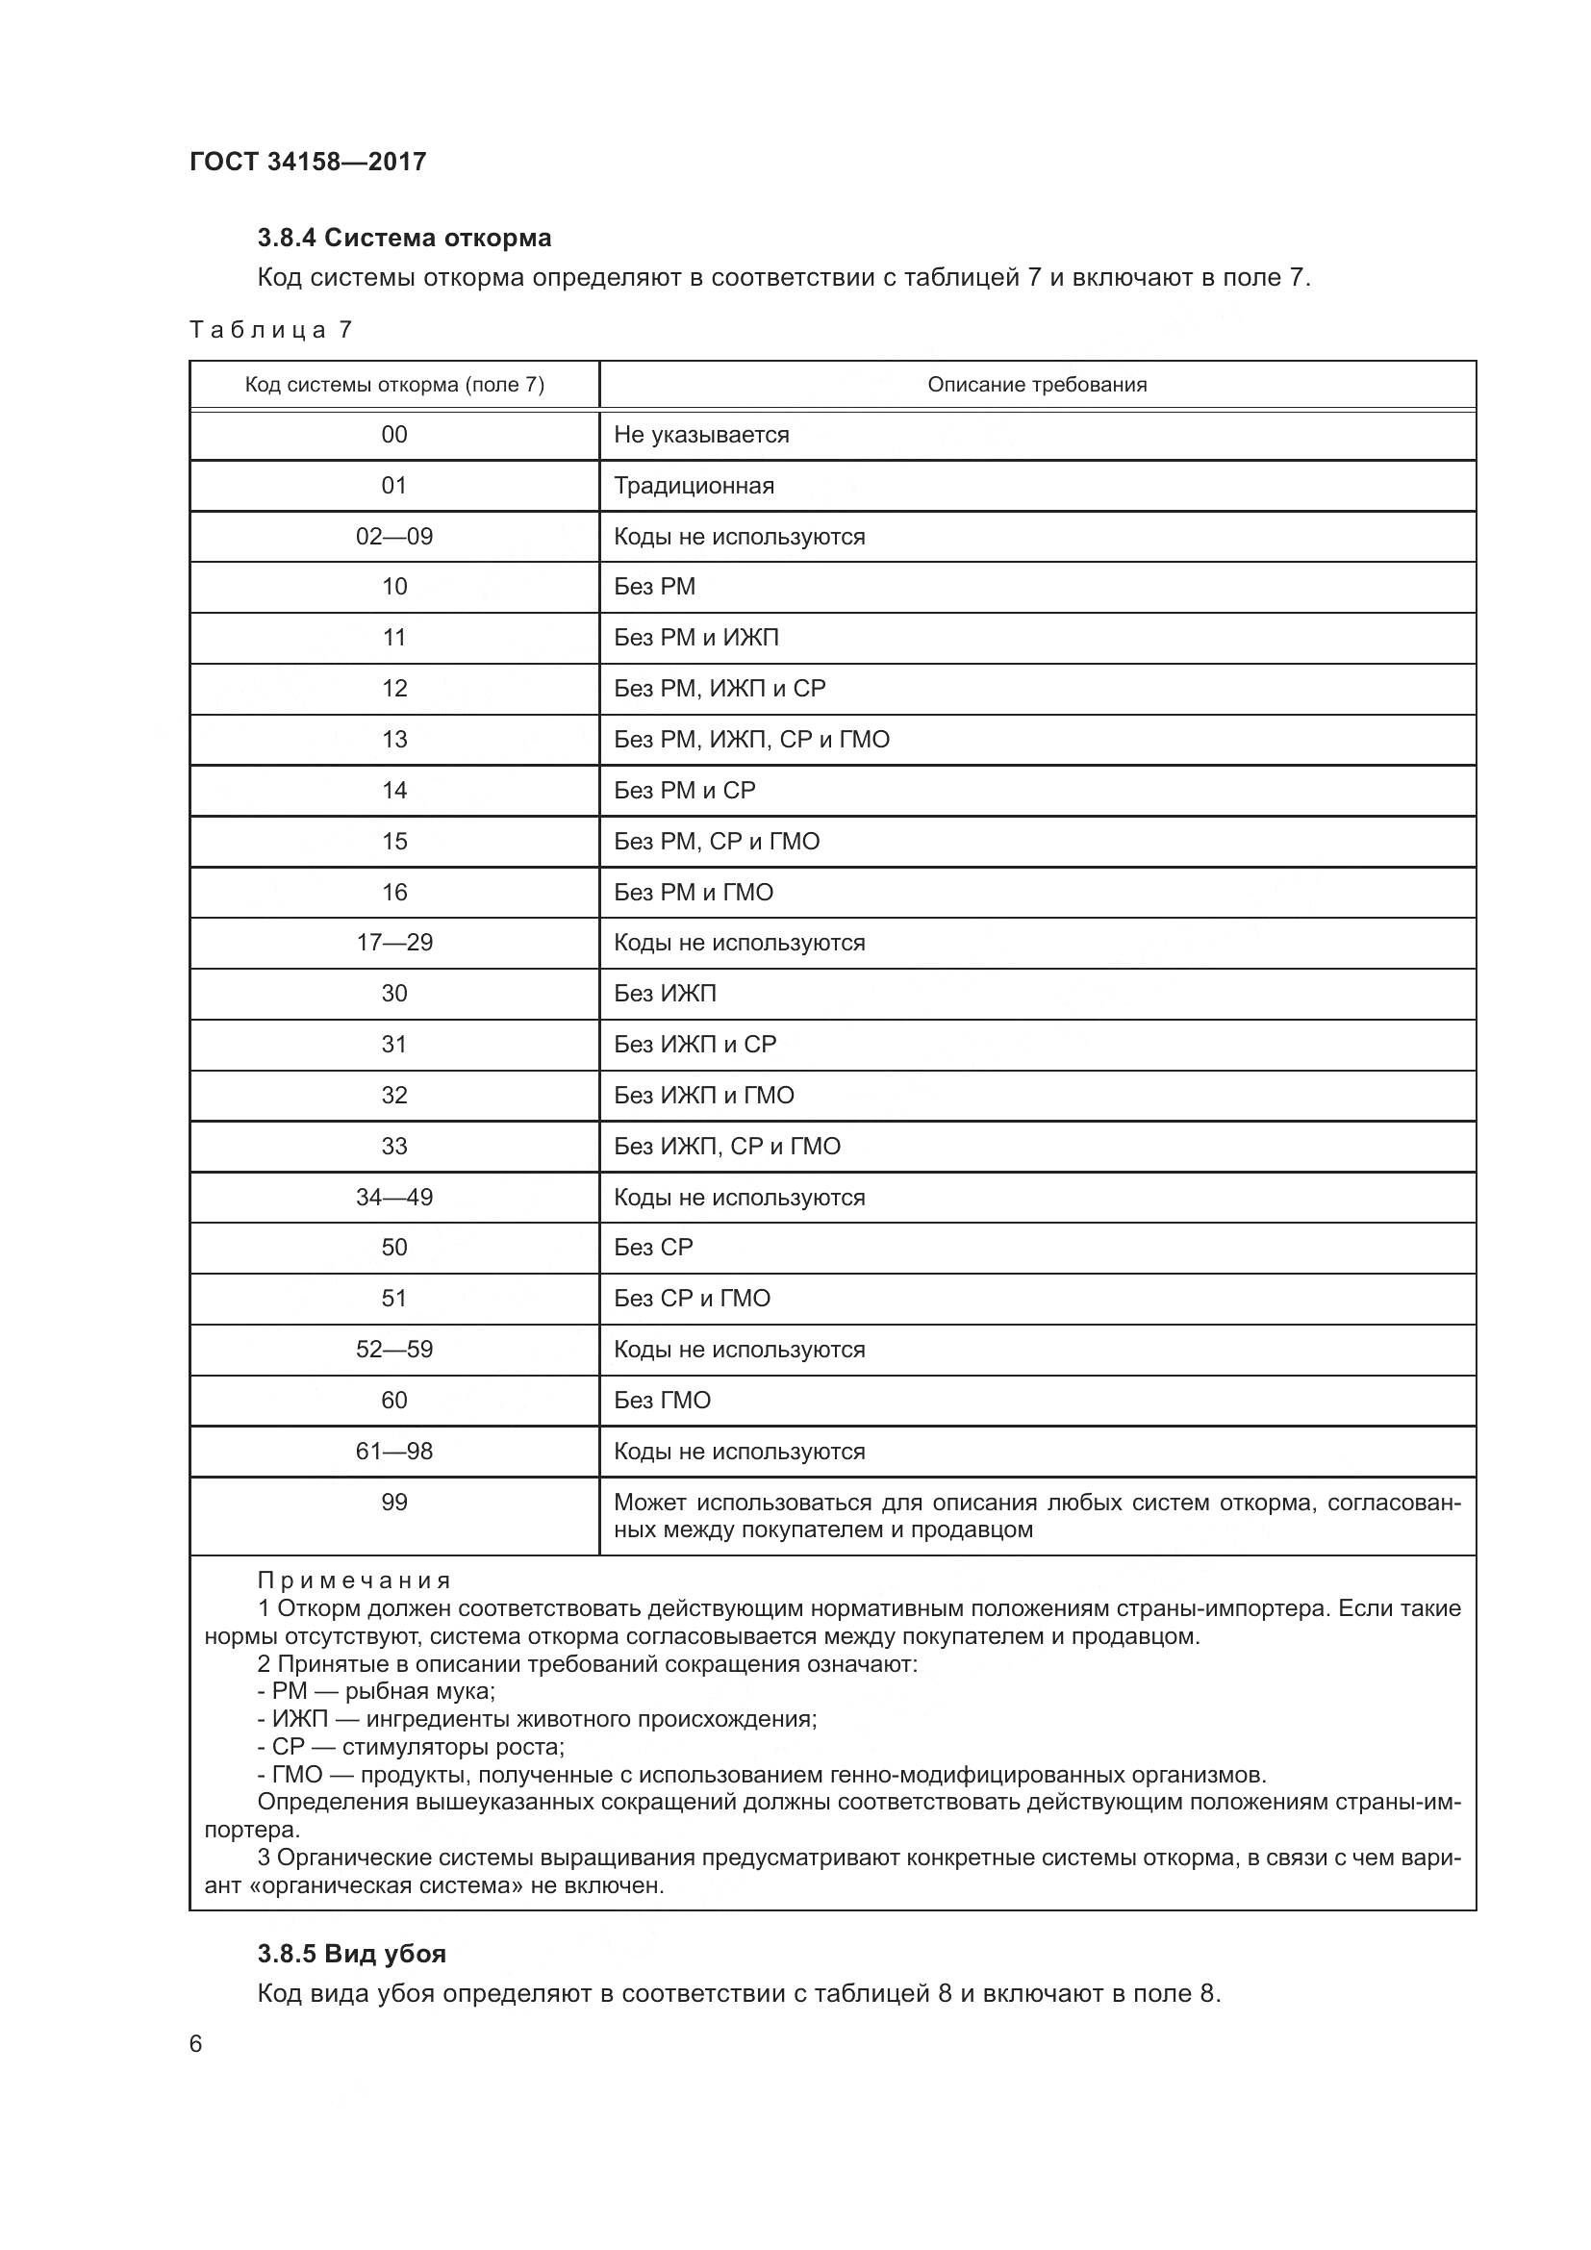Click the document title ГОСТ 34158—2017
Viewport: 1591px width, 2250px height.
pos(308,162)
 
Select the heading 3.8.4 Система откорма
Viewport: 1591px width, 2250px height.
pos(404,239)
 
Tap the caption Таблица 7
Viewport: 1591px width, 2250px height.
pos(270,330)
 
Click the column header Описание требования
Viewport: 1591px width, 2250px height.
pos(1037,385)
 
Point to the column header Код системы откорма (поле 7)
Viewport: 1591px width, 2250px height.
pos(393,385)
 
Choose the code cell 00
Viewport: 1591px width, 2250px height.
pos(393,435)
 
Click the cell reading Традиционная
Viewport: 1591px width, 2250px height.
pos(694,486)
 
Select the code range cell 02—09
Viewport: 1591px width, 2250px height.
pos(393,537)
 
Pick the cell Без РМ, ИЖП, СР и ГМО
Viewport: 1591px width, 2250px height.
pos(751,740)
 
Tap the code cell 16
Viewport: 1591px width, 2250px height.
pos(393,893)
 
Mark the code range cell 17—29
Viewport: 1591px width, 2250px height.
pos(393,943)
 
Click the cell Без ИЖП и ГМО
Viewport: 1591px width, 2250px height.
pos(703,1096)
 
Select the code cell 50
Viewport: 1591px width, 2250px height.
pos(393,1248)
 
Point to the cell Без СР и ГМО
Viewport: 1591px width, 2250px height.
pos(692,1299)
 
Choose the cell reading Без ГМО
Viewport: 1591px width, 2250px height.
pos(662,1401)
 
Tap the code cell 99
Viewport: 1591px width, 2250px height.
pos(393,1503)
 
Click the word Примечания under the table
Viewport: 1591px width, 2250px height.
pos(354,1580)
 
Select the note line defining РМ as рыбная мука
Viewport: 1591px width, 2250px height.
pos(376,1691)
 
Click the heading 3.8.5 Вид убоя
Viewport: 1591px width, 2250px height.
pos(352,1954)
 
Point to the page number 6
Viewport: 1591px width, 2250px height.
pos(196,2044)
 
